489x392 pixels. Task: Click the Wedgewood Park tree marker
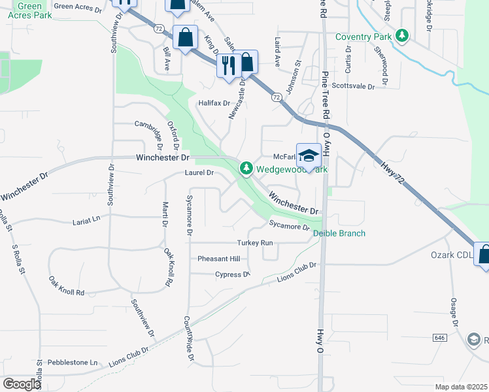tap(246, 169)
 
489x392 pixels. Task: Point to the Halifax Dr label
tap(214, 103)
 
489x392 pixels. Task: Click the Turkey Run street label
tap(257, 242)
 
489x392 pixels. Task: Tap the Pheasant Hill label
tap(219, 259)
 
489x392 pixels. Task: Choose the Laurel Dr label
tap(199, 173)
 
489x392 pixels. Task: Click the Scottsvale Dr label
tap(353, 86)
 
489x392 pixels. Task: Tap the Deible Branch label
tap(339, 233)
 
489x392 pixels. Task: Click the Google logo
tap(22, 384)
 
